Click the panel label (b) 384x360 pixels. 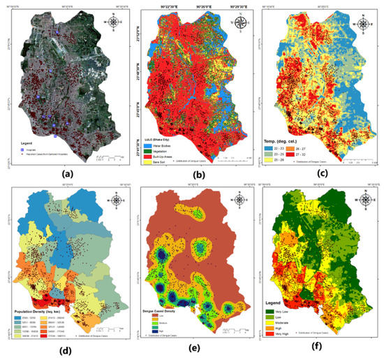(x=189, y=173)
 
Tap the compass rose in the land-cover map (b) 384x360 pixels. (x=239, y=22)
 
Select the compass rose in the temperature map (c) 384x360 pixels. (x=365, y=21)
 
